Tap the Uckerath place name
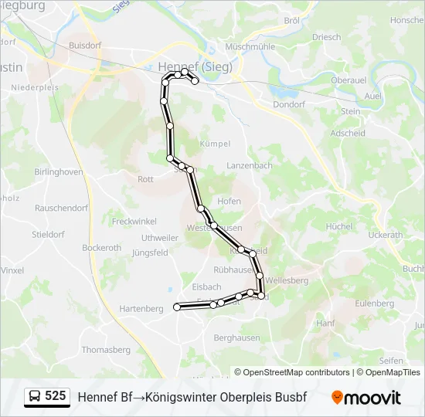click(x=386, y=235)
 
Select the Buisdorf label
click(x=84, y=46)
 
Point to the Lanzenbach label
click(x=250, y=165)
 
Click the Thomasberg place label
click(x=106, y=350)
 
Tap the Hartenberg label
click(x=141, y=308)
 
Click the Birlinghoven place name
click(x=59, y=172)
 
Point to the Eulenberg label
click(x=374, y=303)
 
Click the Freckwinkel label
click(x=134, y=222)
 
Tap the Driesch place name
click(x=326, y=37)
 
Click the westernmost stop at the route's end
click(x=177, y=307)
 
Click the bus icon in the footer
click(x=35, y=397)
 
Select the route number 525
click(x=56, y=396)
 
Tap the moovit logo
click(x=366, y=398)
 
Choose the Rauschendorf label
click(x=62, y=208)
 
